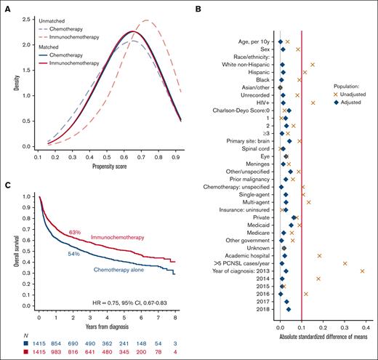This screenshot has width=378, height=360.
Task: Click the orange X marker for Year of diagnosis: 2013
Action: click(362, 271)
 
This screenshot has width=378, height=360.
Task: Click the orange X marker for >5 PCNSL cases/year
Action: click(345, 263)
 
